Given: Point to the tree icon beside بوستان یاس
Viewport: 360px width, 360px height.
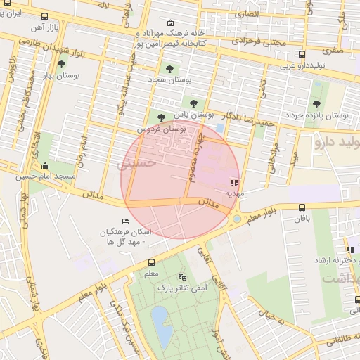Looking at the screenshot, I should [x=162, y=117].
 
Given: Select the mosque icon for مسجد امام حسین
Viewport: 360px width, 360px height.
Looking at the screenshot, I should [x=46, y=166].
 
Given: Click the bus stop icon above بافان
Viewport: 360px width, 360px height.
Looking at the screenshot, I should [x=302, y=207].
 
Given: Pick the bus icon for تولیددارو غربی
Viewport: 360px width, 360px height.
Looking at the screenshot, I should [x=302, y=54].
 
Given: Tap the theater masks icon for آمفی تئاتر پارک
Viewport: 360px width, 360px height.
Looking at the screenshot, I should [x=183, y=277].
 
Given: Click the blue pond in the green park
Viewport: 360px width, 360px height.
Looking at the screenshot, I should [x=160, y=327].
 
